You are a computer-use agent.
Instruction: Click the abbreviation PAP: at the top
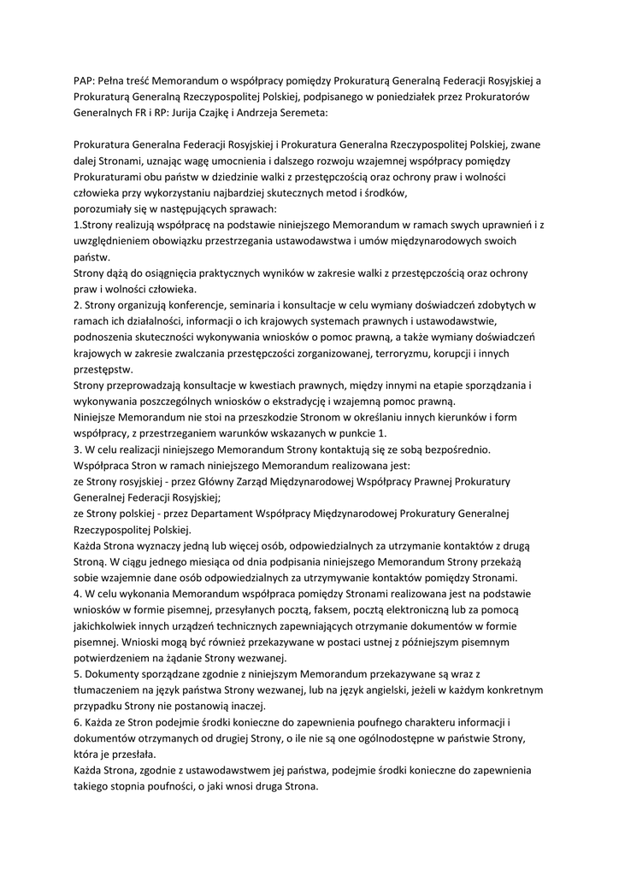pyautogui.click(x=85, y=80)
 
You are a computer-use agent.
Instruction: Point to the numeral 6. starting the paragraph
pyautogui.click(x=79, y=722)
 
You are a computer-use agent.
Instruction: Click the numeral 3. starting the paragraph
pyautogui.click(x=79, y=449)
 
